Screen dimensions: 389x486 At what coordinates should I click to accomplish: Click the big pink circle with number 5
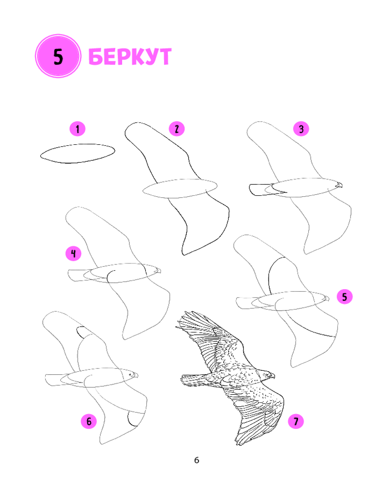click(x=58, y=56)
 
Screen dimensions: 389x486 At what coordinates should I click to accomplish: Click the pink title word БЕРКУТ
click(x=130, y=56)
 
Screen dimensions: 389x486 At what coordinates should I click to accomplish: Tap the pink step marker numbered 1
click(x=77, y=129)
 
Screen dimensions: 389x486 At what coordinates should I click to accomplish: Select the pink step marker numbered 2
click(x=177, y=129)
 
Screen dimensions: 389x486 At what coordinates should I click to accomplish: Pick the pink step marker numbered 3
click(x=301, y=129)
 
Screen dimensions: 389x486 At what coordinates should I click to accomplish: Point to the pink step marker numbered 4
click(x=73, y=254)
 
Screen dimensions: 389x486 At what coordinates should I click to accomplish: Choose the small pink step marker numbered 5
click(x=345, y=296)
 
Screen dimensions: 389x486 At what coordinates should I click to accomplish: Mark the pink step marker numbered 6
click(x=89, y=421)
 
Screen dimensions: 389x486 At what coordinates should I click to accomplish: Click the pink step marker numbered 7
click(x=296, y=421)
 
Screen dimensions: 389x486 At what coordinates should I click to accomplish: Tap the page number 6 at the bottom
click(x=196, y=460)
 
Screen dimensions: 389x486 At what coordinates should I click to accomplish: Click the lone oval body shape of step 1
click(x=77, y=154)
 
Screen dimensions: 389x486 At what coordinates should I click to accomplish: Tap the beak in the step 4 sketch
click(x=158, y=271)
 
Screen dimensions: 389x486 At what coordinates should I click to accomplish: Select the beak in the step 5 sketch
click(x=326, y=298)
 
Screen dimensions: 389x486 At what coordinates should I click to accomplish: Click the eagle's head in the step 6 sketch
click(x=131, y=375)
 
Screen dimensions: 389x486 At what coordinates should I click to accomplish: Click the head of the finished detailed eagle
click(x=267, y=375)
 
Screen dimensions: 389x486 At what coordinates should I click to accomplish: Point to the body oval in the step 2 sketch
click(x=180, y=188)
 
